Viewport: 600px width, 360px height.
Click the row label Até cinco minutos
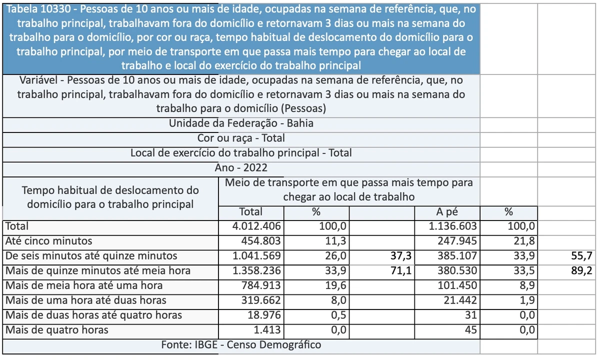pyautogui.click(x=48, y=241)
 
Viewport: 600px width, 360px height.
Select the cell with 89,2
pyautogui.click(x=582, y=271)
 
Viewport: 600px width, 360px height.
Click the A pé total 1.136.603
pyautogui.click(x=453, y=226)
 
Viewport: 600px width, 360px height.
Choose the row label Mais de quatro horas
pyautogui.click(x=56, y=330)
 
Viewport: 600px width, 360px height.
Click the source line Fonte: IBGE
pyautogui.click(x=241, y=345)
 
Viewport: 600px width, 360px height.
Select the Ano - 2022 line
pyautogui.click(x=241, y=168)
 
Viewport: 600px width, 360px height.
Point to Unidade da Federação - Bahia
pyautogui.click(x=241, y=123)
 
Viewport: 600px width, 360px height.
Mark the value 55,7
pyautogui.click(x=582, y=256)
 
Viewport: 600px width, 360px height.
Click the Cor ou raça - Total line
pyautogui.click(x=241, y=138)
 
